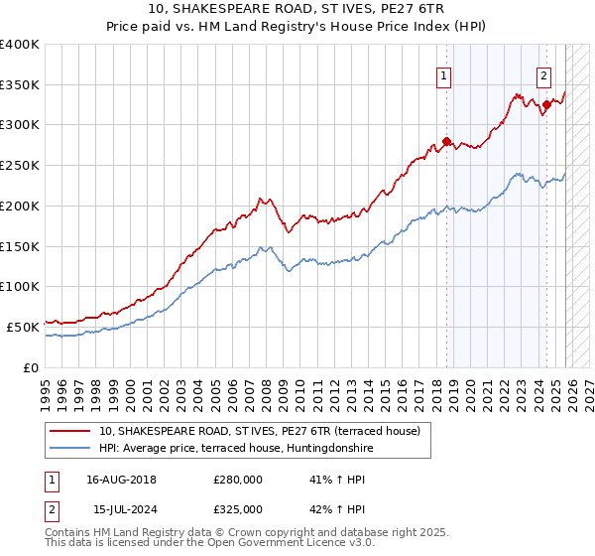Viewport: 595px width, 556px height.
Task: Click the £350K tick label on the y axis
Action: coord(20,85)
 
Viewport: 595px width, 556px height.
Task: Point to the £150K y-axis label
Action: coord(20,246)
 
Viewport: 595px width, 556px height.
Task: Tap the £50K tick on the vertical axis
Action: coord(24,327)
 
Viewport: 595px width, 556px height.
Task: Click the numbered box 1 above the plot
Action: coord(443,73)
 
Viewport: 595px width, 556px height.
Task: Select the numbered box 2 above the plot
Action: coord(544,73)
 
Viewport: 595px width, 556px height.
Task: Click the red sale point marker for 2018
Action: coord(446,142)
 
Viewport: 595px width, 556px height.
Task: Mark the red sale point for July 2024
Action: coord(546,103)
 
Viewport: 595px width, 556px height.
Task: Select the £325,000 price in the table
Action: coord(238,508)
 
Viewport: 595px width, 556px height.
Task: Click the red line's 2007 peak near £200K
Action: coord(259,199)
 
